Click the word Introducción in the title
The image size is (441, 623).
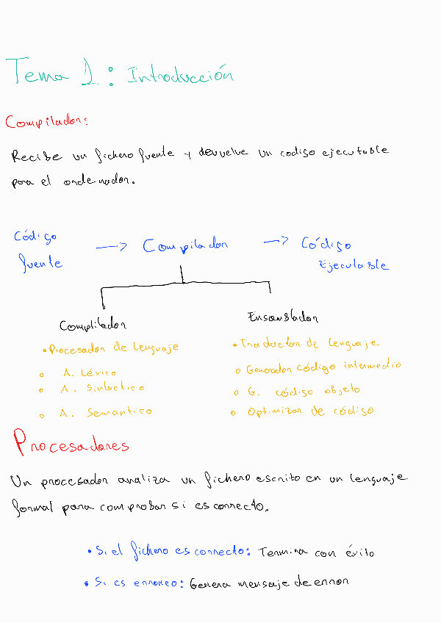[x=180, y=75]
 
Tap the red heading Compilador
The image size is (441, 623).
[x=46, y=122]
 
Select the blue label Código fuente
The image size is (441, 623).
[x=37, y=250]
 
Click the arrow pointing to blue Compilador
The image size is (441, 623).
[x=112, y=248]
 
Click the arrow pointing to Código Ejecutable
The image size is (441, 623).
[x=276, y=242]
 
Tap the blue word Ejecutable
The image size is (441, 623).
[x=353, y=265]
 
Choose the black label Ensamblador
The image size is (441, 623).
[x=283, y=318]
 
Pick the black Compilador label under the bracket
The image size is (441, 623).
[x=93, y=325]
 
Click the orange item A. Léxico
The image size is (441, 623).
[x=90, y=372]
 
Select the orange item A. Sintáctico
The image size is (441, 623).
[x=102, y=388]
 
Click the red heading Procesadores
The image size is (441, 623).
[x=71, y=444]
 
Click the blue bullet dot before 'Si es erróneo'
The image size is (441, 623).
[x=87, y=583]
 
